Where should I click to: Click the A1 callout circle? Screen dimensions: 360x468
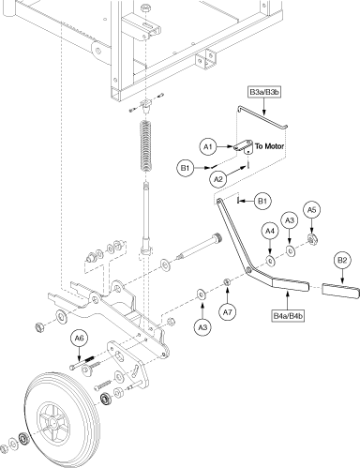pos(208,146)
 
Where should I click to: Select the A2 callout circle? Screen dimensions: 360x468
pos(218,179)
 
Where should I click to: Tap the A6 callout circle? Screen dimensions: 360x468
pos(80,339)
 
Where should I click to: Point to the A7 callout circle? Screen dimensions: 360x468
pos(228,312)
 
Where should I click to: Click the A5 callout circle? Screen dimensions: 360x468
pos(312,210)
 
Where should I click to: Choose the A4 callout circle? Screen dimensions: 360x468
pos(270,231)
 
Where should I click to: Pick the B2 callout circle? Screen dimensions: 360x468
pos(342,261)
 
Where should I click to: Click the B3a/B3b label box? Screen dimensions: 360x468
pos(264,92)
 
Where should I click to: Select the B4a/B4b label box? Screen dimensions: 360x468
pos(288,316)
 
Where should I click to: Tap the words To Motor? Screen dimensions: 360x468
pos(269,146)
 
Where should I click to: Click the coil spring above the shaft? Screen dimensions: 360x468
pos(146,145)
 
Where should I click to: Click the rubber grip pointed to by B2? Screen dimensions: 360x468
pos(340,291)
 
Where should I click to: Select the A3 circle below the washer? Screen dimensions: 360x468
pos(202,327)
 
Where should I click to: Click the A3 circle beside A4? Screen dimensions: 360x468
pos(290,220)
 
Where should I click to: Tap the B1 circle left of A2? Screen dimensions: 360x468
pos(186,168)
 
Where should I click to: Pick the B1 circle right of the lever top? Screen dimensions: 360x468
pos(262,201)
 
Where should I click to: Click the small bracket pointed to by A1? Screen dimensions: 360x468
pos(244,147)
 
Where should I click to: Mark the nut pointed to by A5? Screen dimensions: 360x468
pos(312,239)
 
